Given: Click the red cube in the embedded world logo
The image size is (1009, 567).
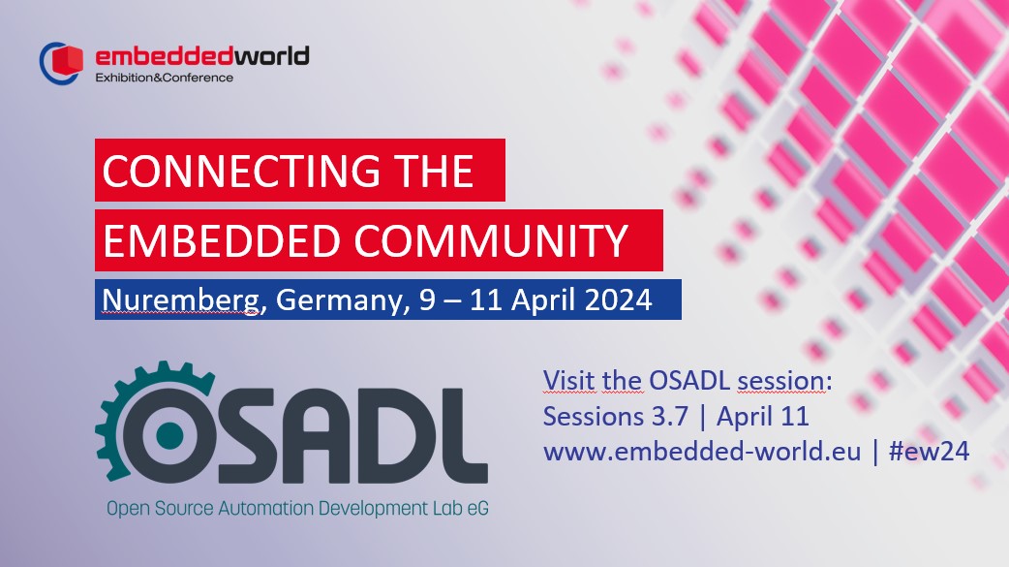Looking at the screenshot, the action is pyautogui.click(x=67, y=60).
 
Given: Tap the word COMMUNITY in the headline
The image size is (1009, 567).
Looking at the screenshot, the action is pyautogui.click(x=490, y=241).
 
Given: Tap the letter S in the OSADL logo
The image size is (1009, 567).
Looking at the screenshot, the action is pyautogui.click(x=259, y=435).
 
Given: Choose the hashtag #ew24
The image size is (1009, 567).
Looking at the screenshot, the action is pyautogui.click(x=929, y=451).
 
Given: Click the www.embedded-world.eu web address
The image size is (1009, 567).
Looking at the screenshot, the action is pyautogui.click(x=702, y=451).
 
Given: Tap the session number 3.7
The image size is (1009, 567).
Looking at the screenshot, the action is pyautogui.click(x=670, y=416).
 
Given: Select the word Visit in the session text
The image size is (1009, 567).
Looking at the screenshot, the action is pyautogui.click(x=569, y=381).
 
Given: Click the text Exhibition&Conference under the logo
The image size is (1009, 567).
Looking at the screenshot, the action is pyautogui.click(x=164, y=78).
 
